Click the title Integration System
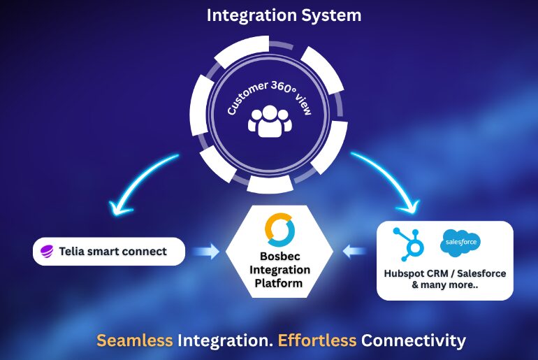pyautogui.click(x=269, y=15)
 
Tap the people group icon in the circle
pyautogui.click(x=269, y=121)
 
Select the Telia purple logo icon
pyautogui.click(x=48, y=252)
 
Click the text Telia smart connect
pyautogui.click(x=113, y=251)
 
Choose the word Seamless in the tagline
pyautogui.click(x=135, y=340)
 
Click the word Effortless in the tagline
pyautogui.click(x=317, y=340)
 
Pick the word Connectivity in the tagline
pyautogui.click(x=413, y=340)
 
